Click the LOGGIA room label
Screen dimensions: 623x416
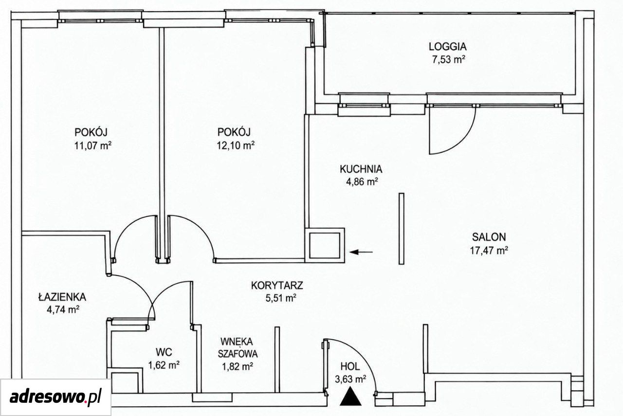(447, 46)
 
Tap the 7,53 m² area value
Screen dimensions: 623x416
(449, 60)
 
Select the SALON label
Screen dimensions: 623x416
(489, 237)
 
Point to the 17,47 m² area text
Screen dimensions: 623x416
(489, 251)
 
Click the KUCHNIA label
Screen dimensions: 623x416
(361, 169)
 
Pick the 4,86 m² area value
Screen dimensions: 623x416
(362, 182)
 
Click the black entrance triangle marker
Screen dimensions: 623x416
(351, 398)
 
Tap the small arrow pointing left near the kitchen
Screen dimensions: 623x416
(361, 252)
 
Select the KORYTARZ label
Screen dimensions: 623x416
(277, 285)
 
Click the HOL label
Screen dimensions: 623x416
(350, 366)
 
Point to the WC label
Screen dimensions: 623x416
(164, 352)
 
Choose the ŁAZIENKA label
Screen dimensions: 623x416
(62, 297)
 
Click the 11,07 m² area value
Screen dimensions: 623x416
(93, 145)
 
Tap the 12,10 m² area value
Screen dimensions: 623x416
(236, 145)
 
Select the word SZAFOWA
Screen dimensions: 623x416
(238, 354)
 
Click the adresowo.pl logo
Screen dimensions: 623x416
(55, 397)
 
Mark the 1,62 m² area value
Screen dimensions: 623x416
(164, 365)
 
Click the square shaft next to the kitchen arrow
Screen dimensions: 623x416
(325, 246)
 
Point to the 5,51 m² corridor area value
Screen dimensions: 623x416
(281, 298)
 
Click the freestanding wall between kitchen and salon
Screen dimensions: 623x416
(402, 229)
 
